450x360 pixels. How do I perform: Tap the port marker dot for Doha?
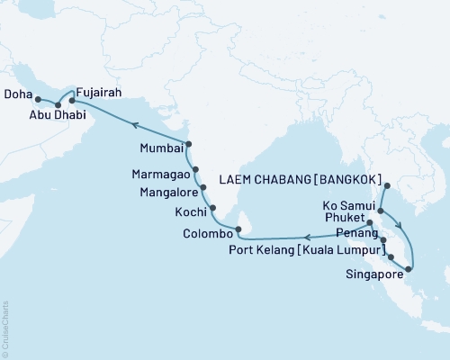pos(39,99)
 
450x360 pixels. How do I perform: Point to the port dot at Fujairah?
pos(72,101)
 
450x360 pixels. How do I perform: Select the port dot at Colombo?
pos(238,229)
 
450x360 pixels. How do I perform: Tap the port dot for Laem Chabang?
pos(385,186)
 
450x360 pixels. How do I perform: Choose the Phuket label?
pos(345,219)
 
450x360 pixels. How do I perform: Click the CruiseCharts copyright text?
pos(5,327)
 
